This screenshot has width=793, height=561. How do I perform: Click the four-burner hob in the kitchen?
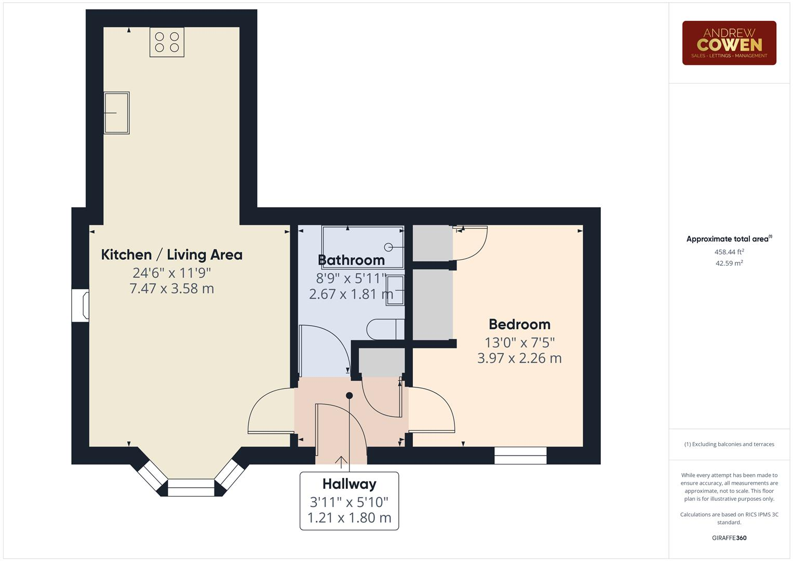167,42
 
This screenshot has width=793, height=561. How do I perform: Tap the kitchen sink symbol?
116,113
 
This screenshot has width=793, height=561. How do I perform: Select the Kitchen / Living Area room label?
171,255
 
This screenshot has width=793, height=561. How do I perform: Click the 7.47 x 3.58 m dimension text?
171,288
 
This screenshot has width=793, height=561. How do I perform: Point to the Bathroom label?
351,260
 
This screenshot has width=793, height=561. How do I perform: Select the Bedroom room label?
519,324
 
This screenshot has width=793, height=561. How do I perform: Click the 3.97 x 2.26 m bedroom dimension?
519,358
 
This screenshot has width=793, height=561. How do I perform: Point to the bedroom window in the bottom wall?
520,456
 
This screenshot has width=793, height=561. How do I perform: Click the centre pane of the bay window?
191,487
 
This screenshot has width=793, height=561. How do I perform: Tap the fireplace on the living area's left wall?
81,305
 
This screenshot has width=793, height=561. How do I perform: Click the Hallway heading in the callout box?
349,484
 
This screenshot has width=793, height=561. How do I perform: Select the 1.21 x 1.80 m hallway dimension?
349,518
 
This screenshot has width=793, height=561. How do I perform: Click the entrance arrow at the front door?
341,461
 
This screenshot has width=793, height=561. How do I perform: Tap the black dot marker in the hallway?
350,395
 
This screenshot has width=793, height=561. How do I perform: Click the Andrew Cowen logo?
729,43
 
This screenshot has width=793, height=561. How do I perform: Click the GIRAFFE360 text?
729,538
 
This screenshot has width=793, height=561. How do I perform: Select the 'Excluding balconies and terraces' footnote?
729,444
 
